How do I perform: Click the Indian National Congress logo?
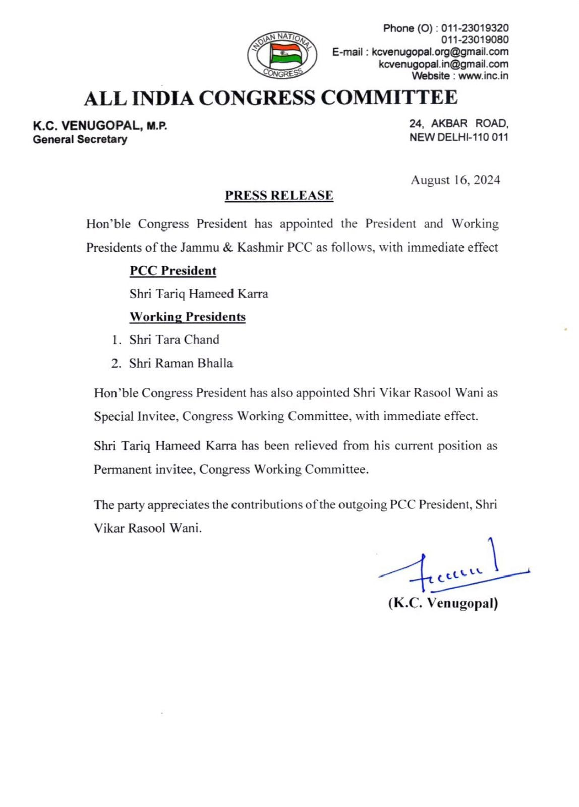pos(282,55)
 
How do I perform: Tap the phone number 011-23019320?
pos(475,28)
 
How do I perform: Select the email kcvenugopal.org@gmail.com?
pos(440,52)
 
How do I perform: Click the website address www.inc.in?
pos(483,76)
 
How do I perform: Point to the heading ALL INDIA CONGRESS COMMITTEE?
pos(271,98)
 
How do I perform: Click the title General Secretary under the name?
pos(80,140)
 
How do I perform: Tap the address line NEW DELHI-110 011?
pos(458,137)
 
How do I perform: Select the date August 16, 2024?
pos(455,180)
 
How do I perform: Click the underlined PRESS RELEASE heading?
pos(279,196)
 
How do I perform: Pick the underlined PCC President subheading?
pos(173,271)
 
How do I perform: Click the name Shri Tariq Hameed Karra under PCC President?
pos(199,294)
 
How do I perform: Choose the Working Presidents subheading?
pos(188,317)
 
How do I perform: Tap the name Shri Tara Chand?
pos(174,340)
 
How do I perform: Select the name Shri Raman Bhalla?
pos(181,363)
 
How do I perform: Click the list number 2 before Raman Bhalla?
pos(116,364)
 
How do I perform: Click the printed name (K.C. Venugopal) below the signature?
pos(443,603)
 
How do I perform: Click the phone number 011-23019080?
pos(475,40)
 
